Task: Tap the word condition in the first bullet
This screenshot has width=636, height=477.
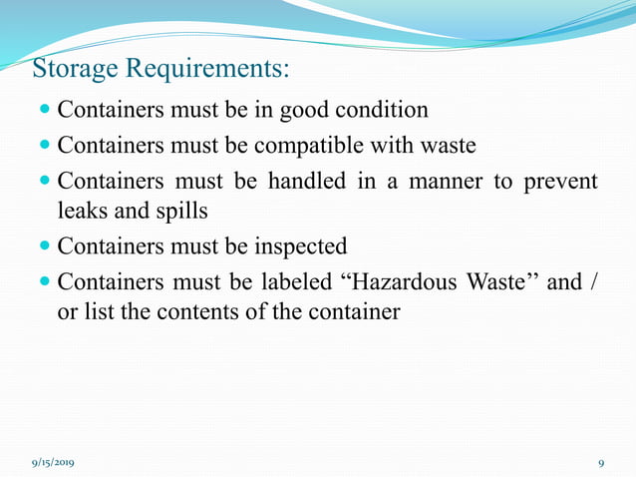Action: coord(374,110)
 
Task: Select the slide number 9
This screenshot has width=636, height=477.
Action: coord(601,463)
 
